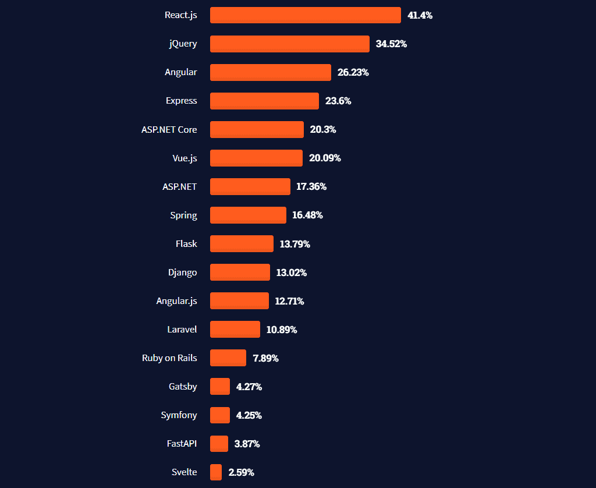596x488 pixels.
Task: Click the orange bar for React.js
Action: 305,15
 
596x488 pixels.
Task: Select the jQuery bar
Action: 289,44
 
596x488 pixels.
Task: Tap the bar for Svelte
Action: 216,472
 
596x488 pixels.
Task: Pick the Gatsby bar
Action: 220,386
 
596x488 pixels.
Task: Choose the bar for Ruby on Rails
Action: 228,358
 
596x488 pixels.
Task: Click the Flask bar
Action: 242,243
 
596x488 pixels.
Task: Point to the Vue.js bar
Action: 256,158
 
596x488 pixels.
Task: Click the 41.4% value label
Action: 420,15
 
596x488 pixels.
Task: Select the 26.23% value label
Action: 353,72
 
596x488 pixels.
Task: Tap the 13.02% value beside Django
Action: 291,273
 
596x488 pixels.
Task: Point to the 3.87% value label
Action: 247,444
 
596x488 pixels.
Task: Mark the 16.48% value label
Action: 307,215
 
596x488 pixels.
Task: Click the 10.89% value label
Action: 282,330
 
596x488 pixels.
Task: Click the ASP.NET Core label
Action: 169,129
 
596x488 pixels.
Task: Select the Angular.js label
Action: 176,300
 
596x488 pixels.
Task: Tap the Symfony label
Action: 179,415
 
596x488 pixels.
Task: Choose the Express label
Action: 181,101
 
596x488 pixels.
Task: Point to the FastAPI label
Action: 182,443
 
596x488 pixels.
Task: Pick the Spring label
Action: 183,215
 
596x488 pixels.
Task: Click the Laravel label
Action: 182,329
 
